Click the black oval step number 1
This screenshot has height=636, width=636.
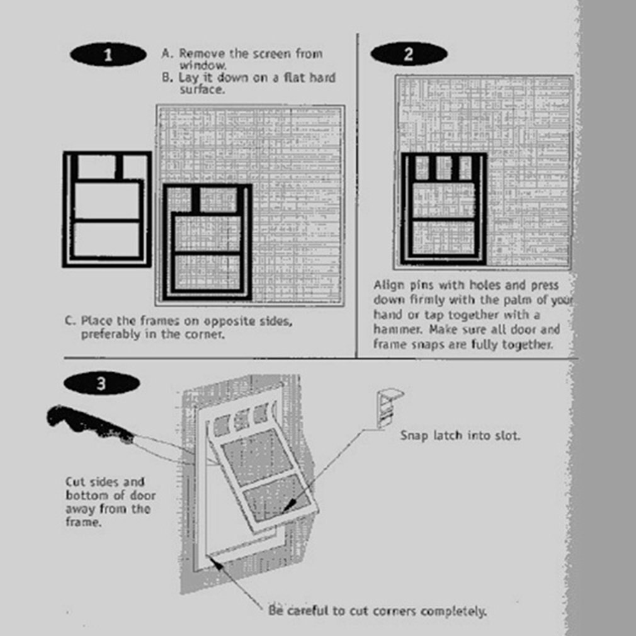tap(108, 55)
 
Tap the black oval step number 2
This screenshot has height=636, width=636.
tap(408, 54)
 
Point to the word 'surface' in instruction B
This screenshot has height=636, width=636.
tap(202, 89)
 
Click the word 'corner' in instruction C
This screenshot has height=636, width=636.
tap(206, 334)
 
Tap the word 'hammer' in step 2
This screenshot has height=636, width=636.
tap(395, 329)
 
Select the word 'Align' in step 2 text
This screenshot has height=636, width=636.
tap(388, 285)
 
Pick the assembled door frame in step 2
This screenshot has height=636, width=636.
tap(444, 208)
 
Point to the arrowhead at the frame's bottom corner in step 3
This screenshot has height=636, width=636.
tap(217, 560)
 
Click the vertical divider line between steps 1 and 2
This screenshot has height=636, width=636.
tap(357, 195)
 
